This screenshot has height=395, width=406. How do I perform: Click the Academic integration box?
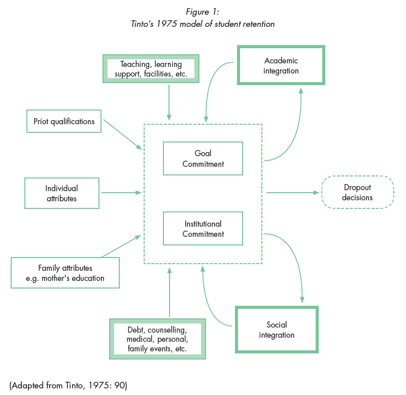tap(281, 65)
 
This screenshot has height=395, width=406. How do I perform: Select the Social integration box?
tap(277, 330)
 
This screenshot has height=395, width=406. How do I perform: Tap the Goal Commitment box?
tap(203, 158)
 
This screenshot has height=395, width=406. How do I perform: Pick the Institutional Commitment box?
tap(203, 229)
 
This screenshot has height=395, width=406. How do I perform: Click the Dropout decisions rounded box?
tap(357, 192)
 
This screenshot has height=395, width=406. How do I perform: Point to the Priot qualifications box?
tap(64, 122)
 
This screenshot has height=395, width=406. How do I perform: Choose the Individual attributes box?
tap(61, 193)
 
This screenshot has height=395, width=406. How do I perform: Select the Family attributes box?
tap(65, 273)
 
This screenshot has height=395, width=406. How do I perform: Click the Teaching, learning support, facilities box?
tap(150, 69)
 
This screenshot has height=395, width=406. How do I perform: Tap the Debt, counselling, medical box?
tap(157, 339)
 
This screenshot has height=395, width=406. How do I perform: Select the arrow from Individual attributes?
tap(121, 193)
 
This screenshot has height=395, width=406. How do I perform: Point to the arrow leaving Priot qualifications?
tap(122, 134)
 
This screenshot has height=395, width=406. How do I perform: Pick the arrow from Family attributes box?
tap(121, 246)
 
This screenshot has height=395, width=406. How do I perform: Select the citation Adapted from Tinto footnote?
tap(68, 385)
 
